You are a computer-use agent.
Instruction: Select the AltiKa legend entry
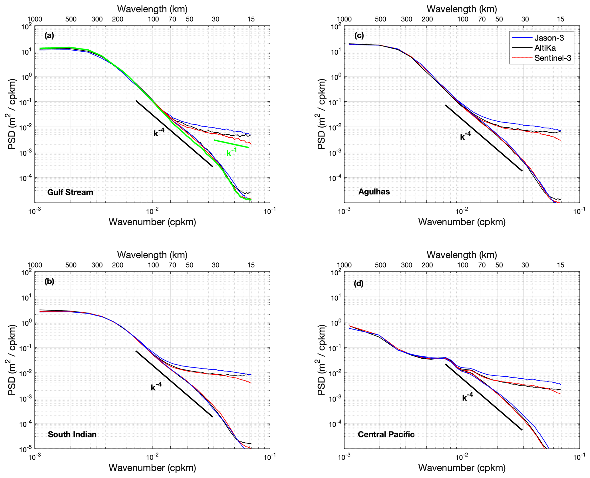pos(545,48)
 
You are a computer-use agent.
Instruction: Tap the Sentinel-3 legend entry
pos(553,58)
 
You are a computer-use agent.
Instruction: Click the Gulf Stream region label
pos(70,192)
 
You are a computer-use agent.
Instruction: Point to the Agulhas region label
pos(374,192)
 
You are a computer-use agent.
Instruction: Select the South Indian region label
pos(72,434)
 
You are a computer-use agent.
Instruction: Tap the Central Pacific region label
pos(386,434)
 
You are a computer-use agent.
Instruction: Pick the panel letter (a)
pos(49,36)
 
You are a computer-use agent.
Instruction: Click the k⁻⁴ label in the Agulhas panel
pos(465,136)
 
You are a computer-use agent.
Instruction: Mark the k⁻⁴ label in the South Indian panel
pos(156,387)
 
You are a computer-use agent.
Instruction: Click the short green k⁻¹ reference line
pos(231,144)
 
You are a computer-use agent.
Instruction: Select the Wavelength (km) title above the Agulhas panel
pos(462,9)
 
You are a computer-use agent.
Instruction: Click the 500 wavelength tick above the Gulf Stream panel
pos(71,19)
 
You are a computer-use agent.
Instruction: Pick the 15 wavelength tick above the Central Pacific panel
pos(561,265)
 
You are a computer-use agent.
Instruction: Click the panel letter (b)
pos(49,282)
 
